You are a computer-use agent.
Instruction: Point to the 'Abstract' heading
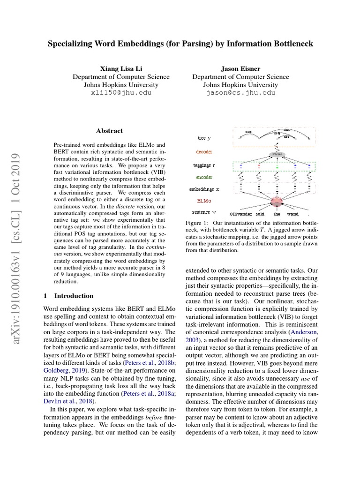click(109, 131)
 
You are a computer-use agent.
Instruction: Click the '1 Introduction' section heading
click(68, 296)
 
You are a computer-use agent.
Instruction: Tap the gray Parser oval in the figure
click(276, 154)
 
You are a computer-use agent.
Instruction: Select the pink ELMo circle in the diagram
click(277, 201)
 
